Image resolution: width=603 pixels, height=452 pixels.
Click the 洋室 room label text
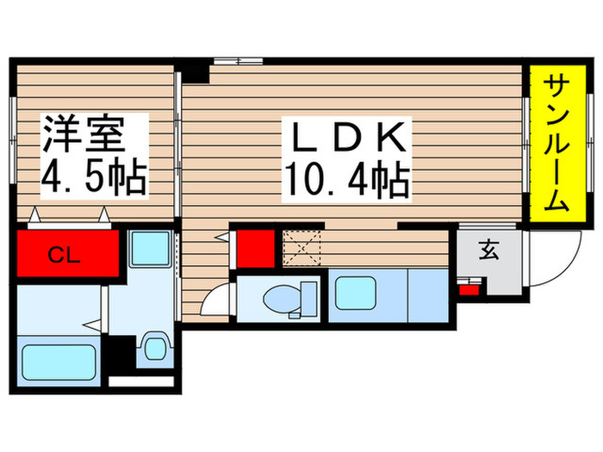pyautogui.click(x=84, y=136)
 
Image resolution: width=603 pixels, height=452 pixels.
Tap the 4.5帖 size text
pyautogui.click(x=93, y=179)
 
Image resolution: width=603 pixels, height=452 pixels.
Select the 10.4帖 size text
pyautogui.click(x=345, y=179)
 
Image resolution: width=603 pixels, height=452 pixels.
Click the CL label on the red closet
pyautogui.click(x=59, y=254)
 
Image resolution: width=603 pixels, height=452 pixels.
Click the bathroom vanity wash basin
pyautogui.click(x=153, y=347)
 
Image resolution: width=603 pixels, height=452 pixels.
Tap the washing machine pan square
pyautogui.click(x=152, y=249)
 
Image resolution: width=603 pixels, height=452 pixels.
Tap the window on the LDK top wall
pyautogui.click(x=238, y=60)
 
